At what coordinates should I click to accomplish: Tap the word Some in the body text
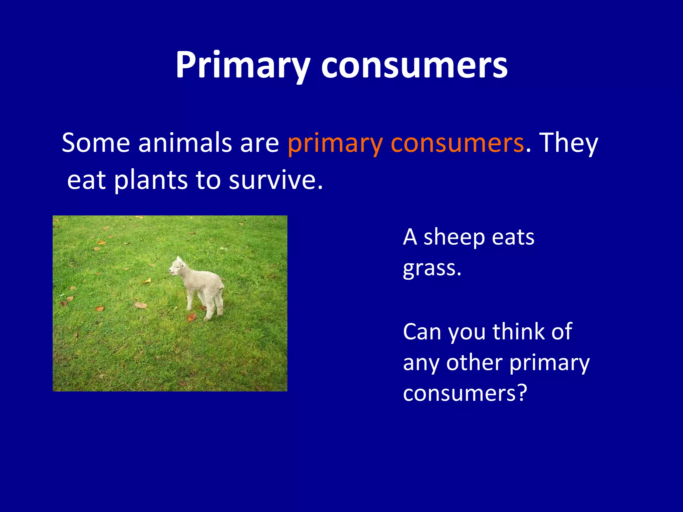[x=96, y=143]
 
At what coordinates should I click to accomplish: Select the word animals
[x=185, y=143]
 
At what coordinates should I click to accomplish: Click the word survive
[x=275, y=180]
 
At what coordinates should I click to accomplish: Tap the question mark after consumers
[x=521, y=393]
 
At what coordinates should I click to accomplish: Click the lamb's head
[x=177, y=267]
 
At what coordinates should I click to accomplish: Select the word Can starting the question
[x=422, y=332]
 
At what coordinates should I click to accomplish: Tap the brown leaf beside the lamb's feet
[x=192, y=316]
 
